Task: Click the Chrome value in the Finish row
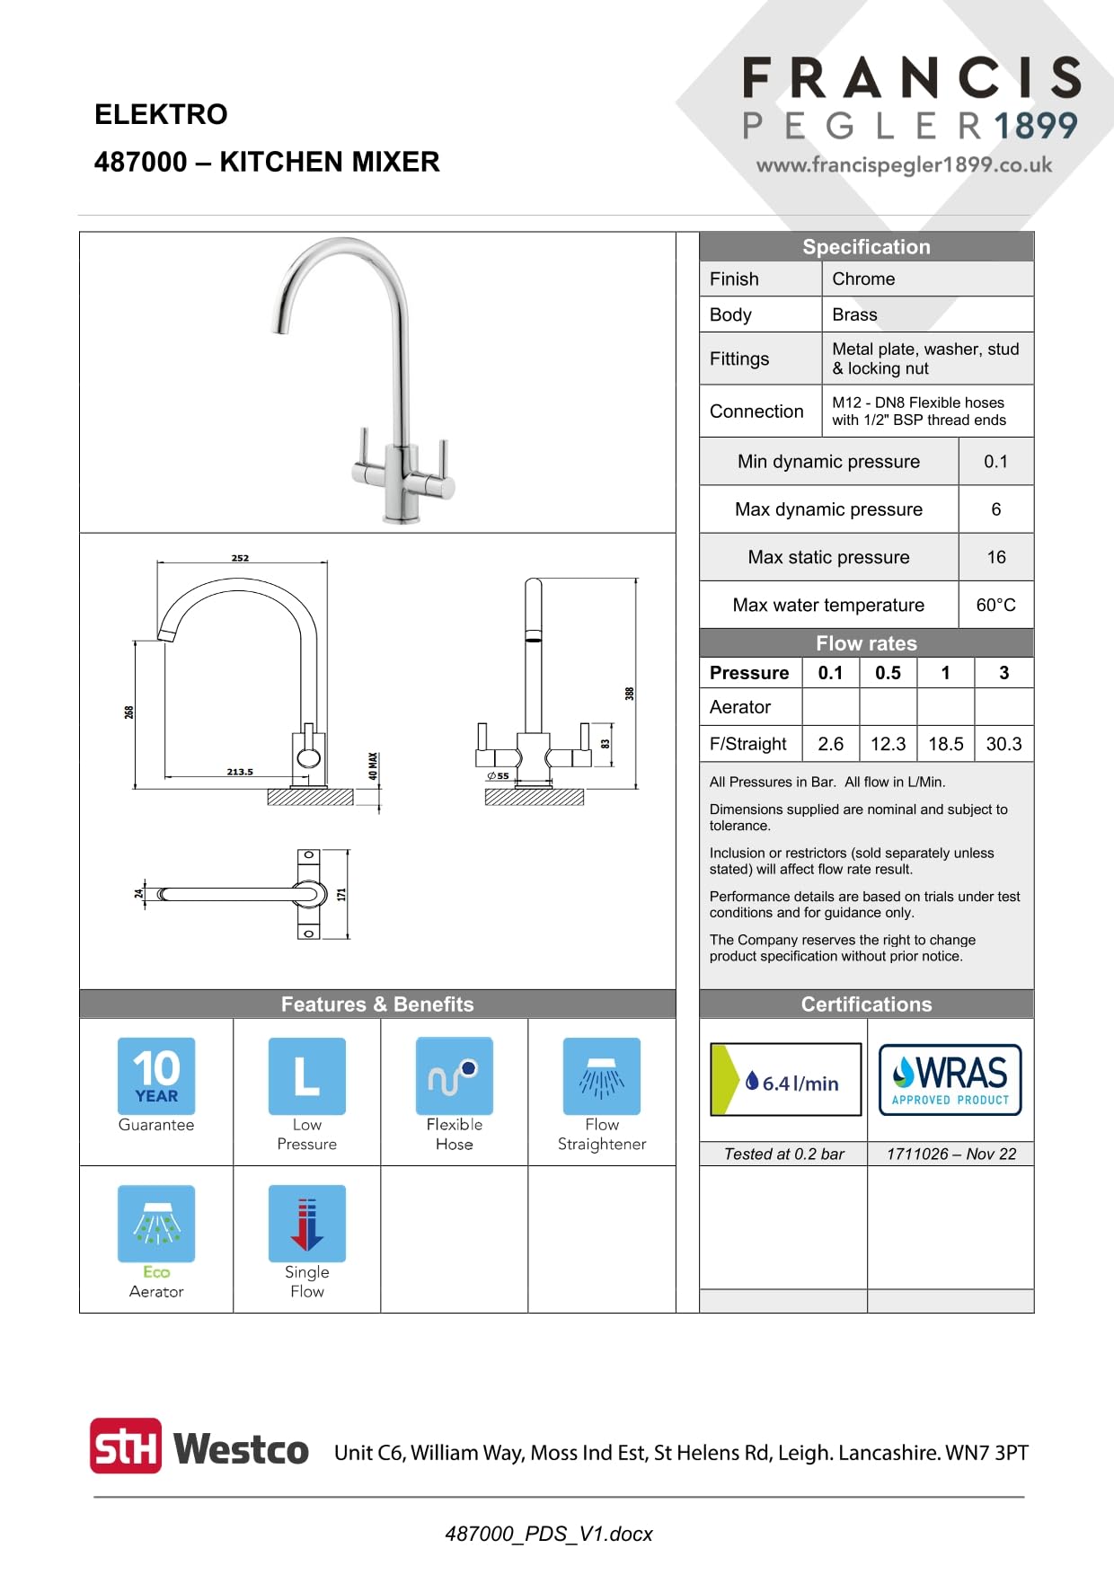[x=863, y=279]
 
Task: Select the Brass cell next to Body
[x=854, y=314]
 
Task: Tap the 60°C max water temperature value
[x=995, y=605]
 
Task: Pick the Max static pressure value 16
[x=996, y=557]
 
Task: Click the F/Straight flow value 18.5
[x=945, y=744]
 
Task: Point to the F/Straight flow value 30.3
[x=1003, y=744]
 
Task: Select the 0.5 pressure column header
[x=888, y=673]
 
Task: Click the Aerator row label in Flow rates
[x=740, y=707]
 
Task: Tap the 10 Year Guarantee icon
[x=156, y=1076]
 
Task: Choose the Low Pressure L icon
[x=307, y=1076]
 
